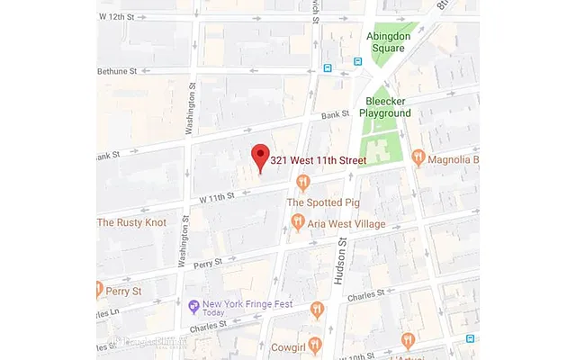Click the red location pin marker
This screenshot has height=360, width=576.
260,157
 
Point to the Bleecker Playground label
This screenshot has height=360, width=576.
385,107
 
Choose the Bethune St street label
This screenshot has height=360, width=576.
121,70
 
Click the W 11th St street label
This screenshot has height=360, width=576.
217,195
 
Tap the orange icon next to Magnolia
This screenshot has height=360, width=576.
418,158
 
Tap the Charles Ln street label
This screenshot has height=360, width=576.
107,312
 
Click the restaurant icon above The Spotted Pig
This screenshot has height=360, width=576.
303,184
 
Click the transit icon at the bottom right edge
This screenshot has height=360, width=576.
470,338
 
